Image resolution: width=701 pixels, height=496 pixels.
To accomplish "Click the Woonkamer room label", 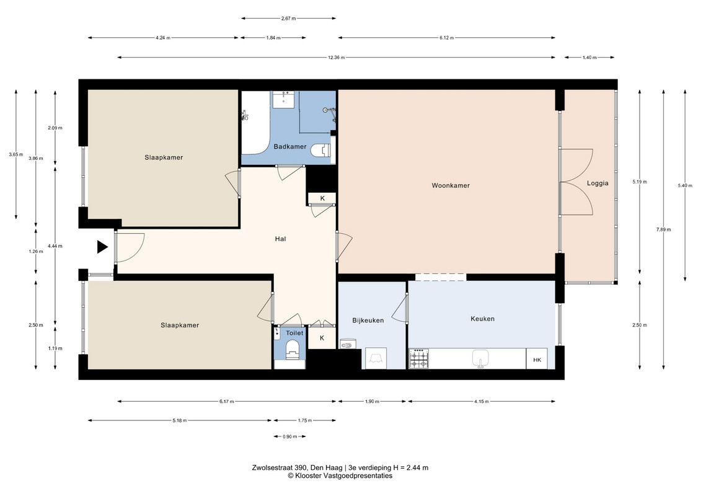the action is (x=451, y=185).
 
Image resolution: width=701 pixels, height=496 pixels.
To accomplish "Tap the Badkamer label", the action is (x=290, y=147).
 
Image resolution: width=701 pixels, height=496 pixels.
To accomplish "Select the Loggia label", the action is (x=597, y=184).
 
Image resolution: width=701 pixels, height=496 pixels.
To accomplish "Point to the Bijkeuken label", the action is (x=368, y=321).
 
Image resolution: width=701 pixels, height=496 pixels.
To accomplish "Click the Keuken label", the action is (x=482, y=319).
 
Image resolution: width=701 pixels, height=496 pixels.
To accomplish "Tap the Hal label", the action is (x=280, y=239).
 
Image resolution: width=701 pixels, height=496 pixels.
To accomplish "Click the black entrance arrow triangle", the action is (x=102, y=247).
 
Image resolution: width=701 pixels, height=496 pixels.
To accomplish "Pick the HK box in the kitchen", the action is (x=537, y=359).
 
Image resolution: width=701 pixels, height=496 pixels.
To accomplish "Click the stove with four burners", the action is (x=420, y=359).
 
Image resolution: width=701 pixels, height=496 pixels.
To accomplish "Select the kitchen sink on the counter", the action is (x=480, y=358).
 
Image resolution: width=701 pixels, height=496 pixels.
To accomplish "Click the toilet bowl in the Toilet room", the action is (x=293, y=349).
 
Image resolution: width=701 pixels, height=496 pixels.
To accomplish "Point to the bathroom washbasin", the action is (x=283, y=99).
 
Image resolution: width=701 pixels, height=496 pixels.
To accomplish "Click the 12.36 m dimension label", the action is (x=336, y=57).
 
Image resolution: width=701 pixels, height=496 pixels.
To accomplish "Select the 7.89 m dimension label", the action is (x=663, y=229).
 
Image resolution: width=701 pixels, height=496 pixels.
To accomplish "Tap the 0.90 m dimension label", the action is (x=289, y=436).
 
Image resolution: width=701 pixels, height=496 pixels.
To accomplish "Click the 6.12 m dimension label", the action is (x=447, y=38).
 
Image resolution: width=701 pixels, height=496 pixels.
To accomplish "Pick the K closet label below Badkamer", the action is (x=322, y=198).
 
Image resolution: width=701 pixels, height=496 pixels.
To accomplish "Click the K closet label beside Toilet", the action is (x=322, y=338).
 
